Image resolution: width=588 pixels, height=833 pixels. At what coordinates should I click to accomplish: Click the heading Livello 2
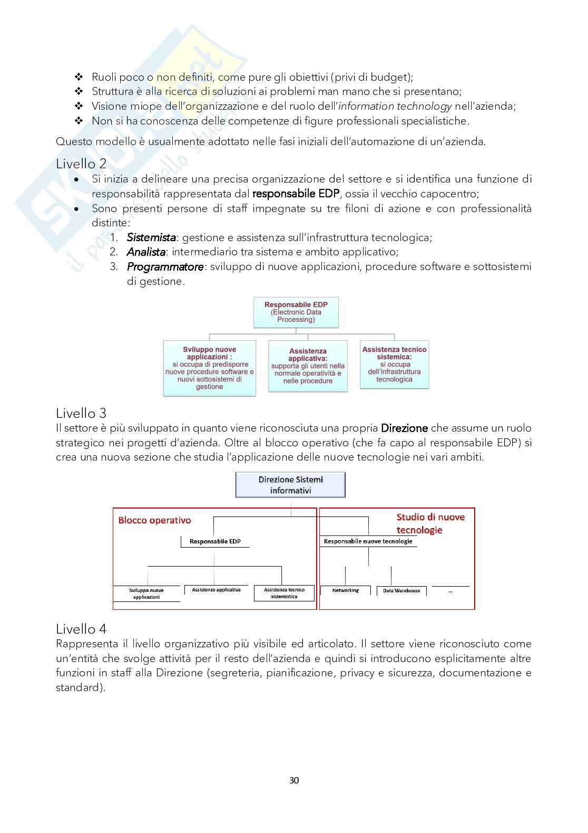point(81,164)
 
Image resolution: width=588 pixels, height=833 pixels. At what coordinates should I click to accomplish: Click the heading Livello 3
point(81,413)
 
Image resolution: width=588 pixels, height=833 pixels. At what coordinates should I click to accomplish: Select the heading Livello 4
point(81,629)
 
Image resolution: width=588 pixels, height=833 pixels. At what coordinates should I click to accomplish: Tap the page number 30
point(294,780)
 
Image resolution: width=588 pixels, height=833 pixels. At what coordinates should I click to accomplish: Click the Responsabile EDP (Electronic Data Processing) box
point(296,312)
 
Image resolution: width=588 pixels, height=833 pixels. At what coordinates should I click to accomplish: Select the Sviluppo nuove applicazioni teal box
point(209,368)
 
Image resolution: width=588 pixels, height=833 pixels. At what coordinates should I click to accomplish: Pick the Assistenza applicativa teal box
point(308,366)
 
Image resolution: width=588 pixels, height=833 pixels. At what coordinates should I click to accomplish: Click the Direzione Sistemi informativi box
point(290,485)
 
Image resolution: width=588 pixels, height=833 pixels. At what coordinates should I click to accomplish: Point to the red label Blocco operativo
point(154,520)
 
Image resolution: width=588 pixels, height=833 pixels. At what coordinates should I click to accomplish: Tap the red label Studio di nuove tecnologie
point(430,523)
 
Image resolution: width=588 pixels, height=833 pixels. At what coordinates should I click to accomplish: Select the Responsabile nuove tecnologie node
point(368,541)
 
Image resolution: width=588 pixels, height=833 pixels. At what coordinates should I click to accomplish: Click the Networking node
point(345,590)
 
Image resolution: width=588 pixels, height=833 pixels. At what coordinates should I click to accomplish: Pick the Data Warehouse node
point(401,591)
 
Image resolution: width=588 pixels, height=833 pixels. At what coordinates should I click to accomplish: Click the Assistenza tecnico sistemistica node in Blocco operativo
point(284,593)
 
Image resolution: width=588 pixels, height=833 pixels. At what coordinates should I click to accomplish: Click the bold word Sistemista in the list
point(151,237)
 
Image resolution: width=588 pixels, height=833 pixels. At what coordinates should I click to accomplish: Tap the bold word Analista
point(146,252)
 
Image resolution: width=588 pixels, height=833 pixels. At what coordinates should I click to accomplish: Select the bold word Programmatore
point(165,267)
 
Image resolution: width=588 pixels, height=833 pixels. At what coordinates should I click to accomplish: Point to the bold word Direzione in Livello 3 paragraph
point(404,428)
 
